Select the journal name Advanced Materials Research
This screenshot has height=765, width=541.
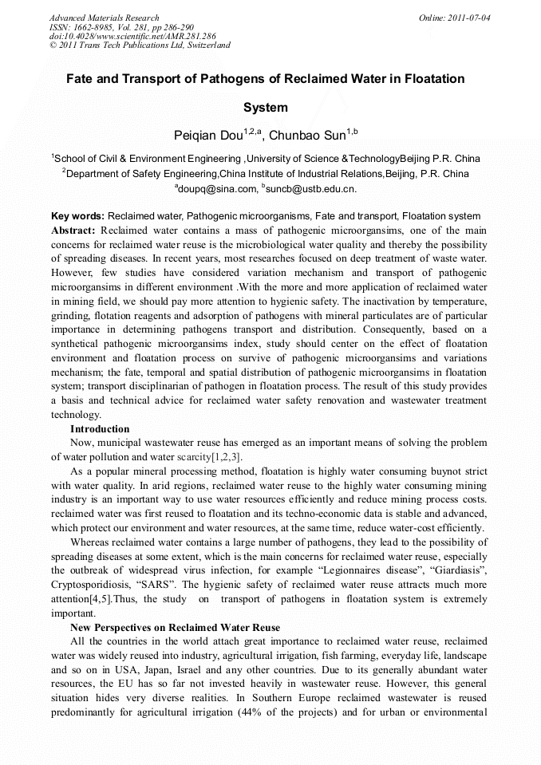coord(104,18)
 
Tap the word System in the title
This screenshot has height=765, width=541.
coord(265,108)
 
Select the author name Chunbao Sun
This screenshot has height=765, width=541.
coord(307,135)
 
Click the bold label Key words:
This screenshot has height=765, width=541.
coord(77,216)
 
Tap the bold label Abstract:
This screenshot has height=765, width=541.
coord(73,230)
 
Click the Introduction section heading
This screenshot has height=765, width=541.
coord(100,428)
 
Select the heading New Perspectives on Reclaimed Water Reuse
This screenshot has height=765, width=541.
coord(175,628)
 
